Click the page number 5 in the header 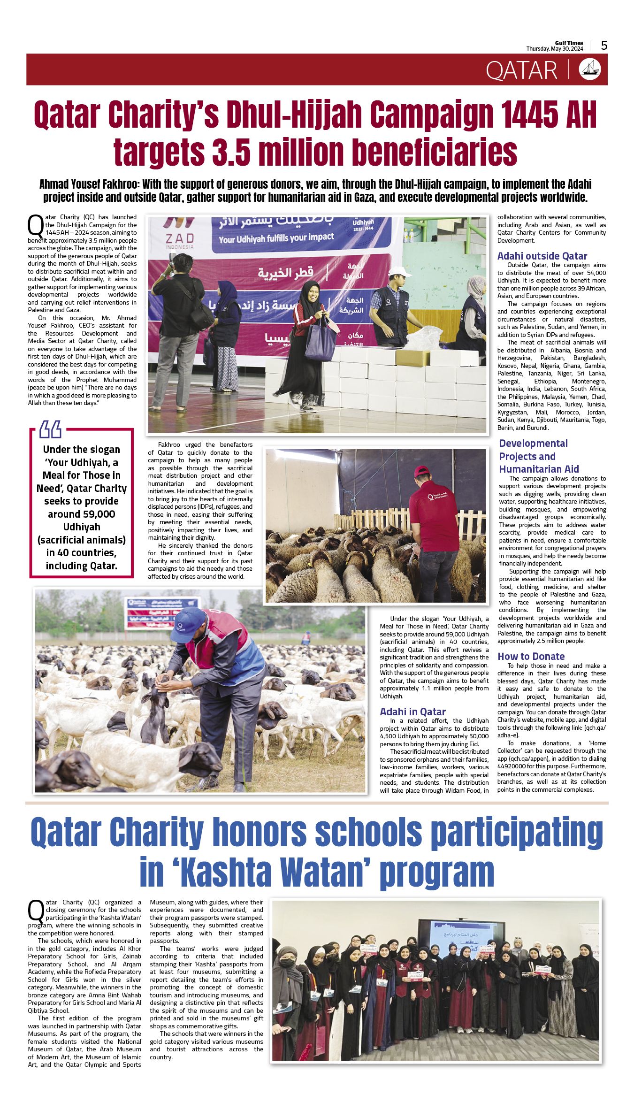[x=604, y=46]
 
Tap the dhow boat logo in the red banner [x=590, y=69]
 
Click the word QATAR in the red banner [x=521, y=70]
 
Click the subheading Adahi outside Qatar [x=542, y=256]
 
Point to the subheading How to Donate [x=531, y=657]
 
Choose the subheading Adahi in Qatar [x=412, y=712]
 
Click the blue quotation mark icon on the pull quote [x=50, y=429]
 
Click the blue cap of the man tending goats [x=187, y=623]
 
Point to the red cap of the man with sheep [x=422, y=471]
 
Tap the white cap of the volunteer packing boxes [x=399, y=272]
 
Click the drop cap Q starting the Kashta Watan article [x=36, y=910]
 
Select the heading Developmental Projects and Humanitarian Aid [x=538, y=456]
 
